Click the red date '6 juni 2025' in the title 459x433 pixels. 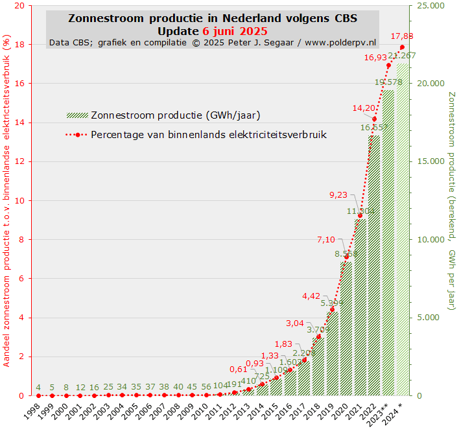tap(234, 30)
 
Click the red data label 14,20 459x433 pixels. tap(364, 108)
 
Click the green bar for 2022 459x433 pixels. tap(374, 272)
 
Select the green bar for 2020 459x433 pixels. tap(346, 331)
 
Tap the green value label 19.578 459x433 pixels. tap(388, 82)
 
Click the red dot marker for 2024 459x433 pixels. tap(402, 47)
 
